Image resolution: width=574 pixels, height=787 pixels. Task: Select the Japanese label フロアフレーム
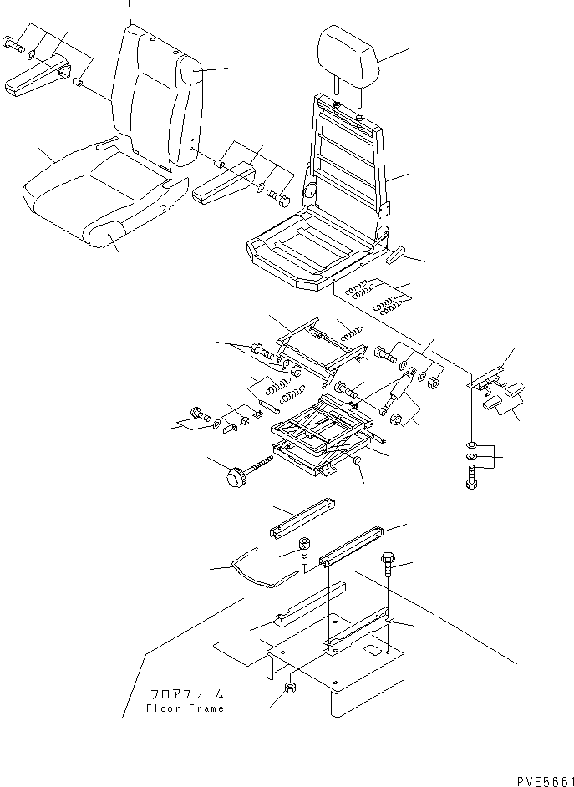pos(187,694)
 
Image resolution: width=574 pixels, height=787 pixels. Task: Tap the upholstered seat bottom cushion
pos(92,196)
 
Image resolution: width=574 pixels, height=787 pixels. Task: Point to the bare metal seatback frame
pos(347,150)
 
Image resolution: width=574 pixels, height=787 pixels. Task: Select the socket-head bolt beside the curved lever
pos(304,551)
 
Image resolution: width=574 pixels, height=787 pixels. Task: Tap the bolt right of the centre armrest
pos(278,198)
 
